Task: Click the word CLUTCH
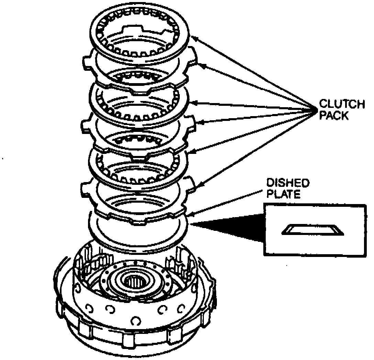point(342,104)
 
